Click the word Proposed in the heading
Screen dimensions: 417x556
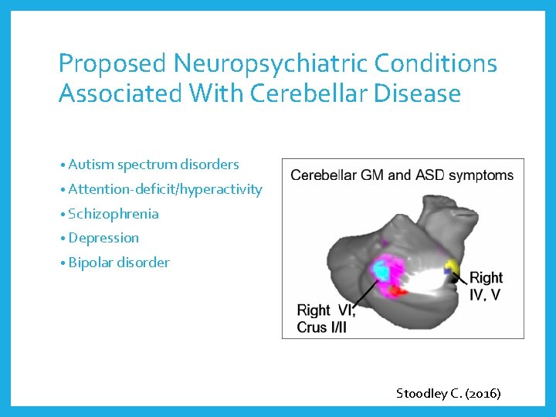pos(113,63)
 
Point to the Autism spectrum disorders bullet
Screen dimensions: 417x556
pos(153,164)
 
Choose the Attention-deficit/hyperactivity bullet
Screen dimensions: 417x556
pos(164,189)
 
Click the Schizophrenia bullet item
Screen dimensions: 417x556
pos(113,214)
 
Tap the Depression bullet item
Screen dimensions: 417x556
pos(103,238)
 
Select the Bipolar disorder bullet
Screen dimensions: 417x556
pos(118,263)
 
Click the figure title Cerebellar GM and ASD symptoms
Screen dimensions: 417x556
pos(402,175)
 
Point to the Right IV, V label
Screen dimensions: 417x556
pos(485,286)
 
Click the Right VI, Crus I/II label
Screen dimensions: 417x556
pos(327,318)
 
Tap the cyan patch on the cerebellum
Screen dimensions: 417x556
pos(381,270)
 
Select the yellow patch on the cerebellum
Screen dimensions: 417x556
pos(453,268)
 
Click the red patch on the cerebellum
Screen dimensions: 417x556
pos(397,291)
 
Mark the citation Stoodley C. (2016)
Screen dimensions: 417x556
pos(448,393)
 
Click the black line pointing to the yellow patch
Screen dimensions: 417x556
pos(460,276)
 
